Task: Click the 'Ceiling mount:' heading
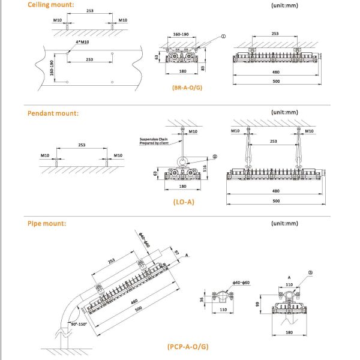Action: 51,5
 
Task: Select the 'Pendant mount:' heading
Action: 53,113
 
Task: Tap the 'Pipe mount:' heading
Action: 47,224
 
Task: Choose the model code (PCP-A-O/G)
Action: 188,346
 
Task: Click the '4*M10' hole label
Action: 82,42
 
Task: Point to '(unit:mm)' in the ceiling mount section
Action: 286,5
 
